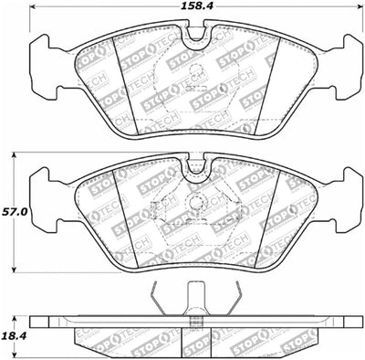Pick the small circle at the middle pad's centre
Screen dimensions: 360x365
coord(193,204)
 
